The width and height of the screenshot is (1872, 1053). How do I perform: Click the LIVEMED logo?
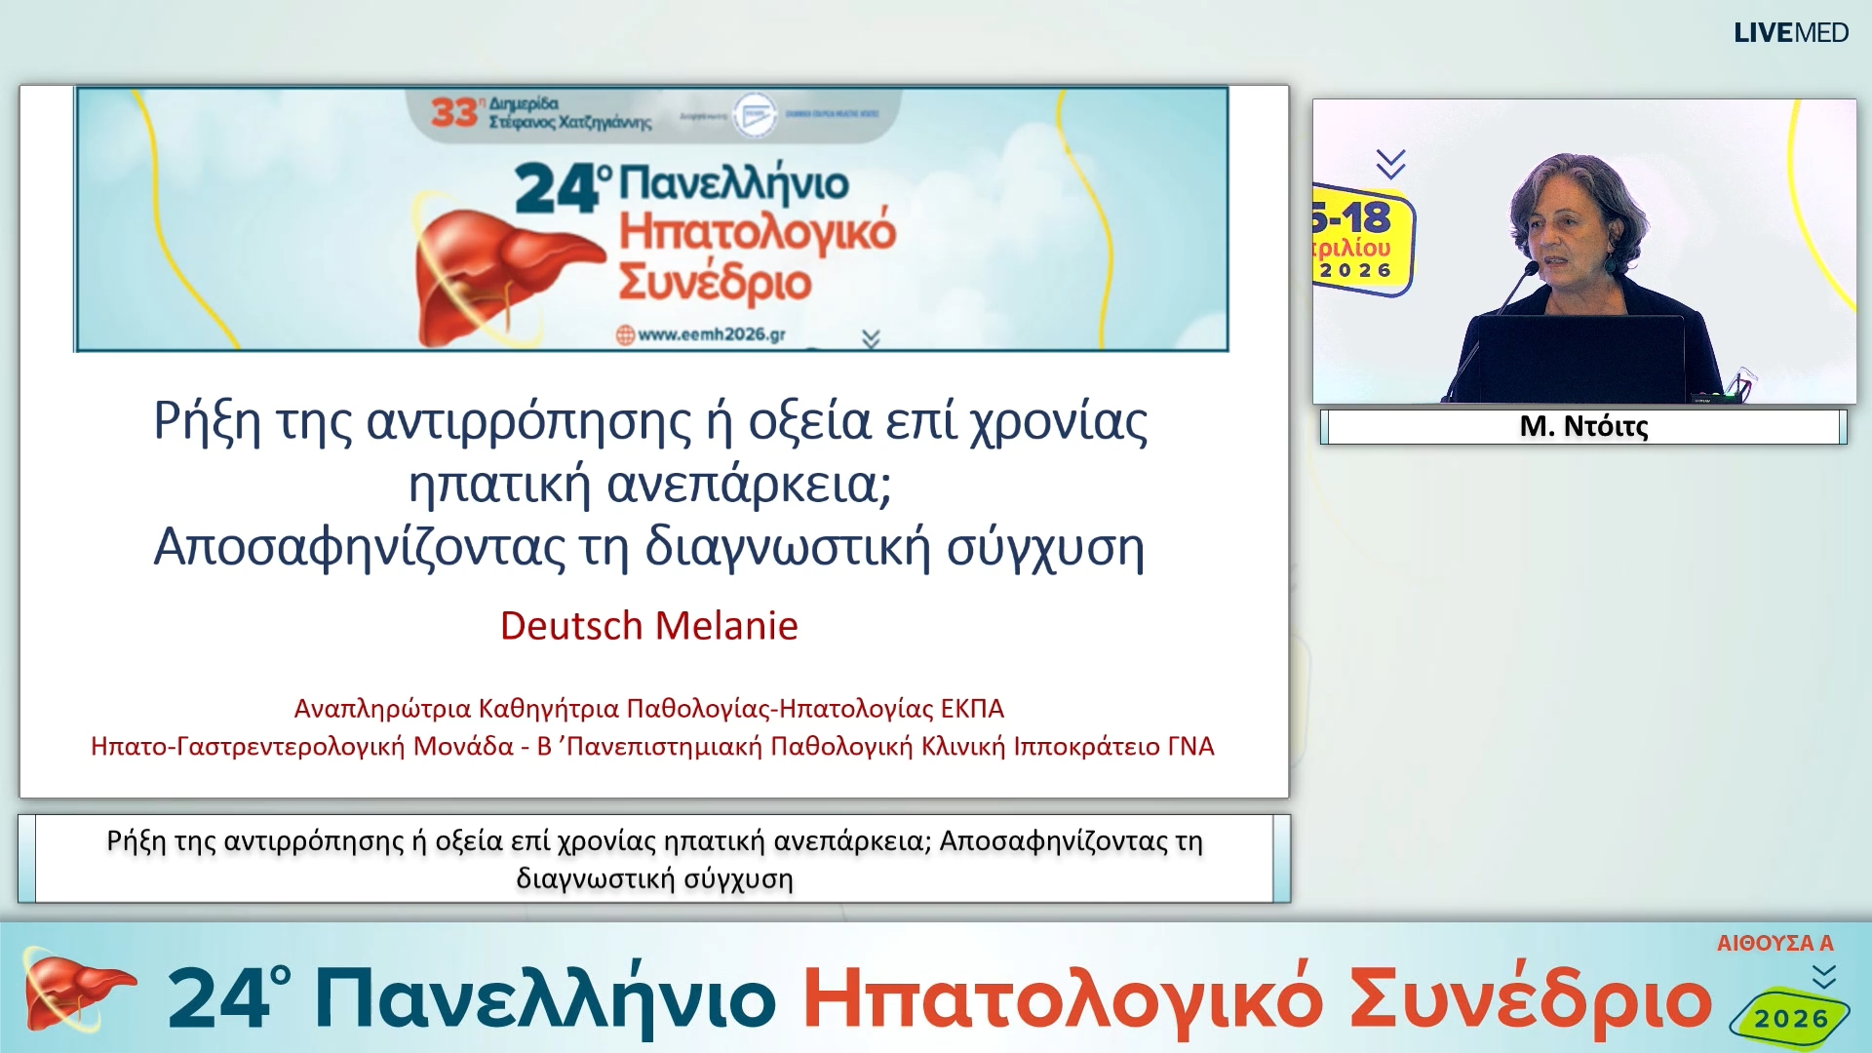1790,33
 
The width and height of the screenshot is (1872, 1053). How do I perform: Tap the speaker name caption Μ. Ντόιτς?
1583,426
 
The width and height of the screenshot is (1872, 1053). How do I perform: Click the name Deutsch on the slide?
571,626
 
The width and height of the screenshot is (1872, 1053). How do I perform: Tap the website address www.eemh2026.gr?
711,334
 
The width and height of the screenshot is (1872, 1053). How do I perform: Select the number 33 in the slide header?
453,112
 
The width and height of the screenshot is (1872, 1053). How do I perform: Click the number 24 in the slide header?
556,188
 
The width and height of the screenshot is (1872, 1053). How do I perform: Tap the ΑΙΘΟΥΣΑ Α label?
1774,943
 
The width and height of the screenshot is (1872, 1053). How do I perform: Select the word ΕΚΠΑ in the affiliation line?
972,709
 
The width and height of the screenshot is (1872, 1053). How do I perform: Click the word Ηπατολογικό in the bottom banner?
1062,999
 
